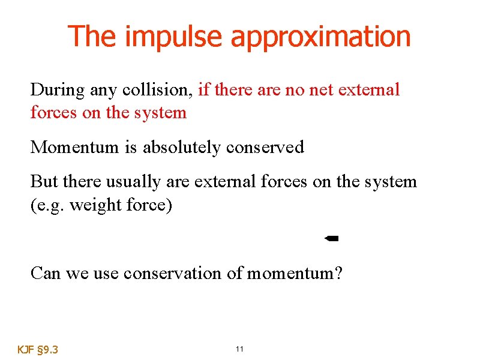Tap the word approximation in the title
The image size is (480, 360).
320,37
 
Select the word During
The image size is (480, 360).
58,90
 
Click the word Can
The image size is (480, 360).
44,273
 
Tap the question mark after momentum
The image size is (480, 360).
338,273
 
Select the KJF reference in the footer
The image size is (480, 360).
25,349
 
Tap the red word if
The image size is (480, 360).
203,90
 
